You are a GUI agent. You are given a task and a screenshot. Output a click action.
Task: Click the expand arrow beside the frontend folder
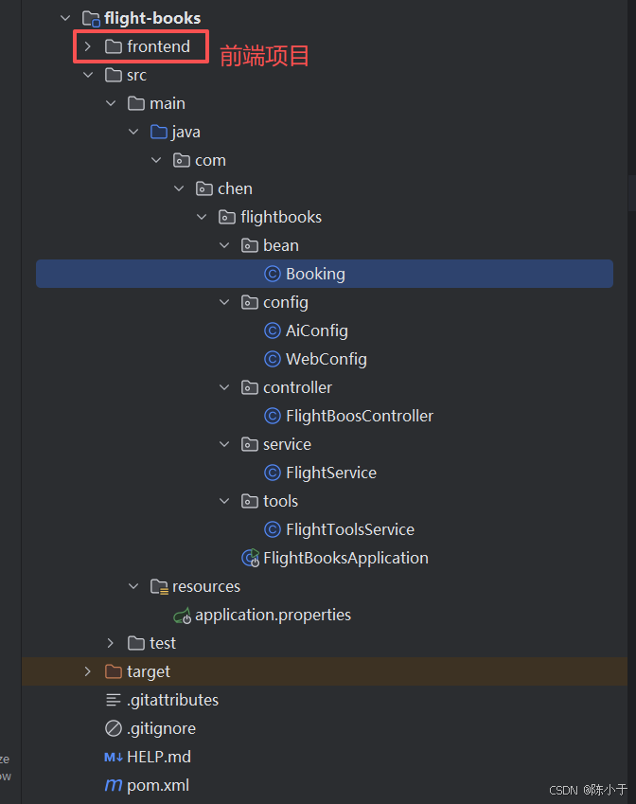pos(88,46)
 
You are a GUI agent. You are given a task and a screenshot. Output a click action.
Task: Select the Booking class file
pos(315,274)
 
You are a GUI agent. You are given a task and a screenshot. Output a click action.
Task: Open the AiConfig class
pos(317,331)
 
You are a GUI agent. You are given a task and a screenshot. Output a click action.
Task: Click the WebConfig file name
pos(327,359)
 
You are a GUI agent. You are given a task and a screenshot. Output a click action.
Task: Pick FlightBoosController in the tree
pos(360,416)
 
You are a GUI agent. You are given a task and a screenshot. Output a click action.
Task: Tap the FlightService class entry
pos(331,473)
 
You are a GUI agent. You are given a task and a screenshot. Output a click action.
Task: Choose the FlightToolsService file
pos(350,529)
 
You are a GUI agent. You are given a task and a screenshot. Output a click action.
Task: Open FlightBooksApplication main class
pos(345,558)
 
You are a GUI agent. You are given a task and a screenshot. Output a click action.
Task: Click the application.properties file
pos(273,615)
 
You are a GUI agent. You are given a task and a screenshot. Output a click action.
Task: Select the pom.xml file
pos(158,785)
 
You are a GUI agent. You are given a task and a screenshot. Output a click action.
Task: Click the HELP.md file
pos(159,757)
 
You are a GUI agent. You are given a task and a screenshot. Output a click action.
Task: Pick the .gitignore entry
pos(162,728)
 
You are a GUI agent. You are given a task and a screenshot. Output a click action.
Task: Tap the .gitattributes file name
pos(172,700)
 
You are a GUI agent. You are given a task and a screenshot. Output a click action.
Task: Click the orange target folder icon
pos(114,671)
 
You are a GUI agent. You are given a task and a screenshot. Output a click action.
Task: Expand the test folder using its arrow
pos(110,643)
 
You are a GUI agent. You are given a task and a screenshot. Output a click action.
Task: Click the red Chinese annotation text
pos(264,56)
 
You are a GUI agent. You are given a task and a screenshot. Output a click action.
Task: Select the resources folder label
pos(206,586)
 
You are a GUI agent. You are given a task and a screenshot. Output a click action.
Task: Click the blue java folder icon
pos(159,132)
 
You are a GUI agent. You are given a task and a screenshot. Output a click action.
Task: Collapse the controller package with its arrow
pos(224,387)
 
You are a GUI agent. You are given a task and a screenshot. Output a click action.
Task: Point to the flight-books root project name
pos(152,18)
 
